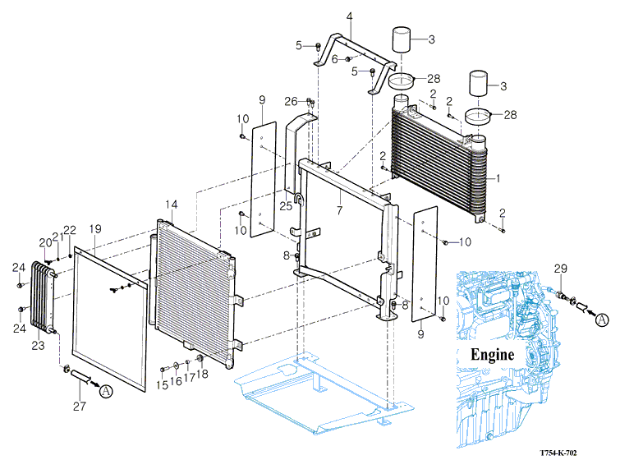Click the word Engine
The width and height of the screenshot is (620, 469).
pos(492,356)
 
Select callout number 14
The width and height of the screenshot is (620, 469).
pos(171,204)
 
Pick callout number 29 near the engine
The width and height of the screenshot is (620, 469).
pos(560,269)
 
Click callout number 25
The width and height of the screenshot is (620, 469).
pos(286,205)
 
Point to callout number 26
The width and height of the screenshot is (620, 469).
pos(291,101)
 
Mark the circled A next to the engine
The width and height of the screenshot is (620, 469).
pos(602,320)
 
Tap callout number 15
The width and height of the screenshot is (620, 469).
pos(163,384)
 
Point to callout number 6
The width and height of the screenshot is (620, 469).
pos(335,58)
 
